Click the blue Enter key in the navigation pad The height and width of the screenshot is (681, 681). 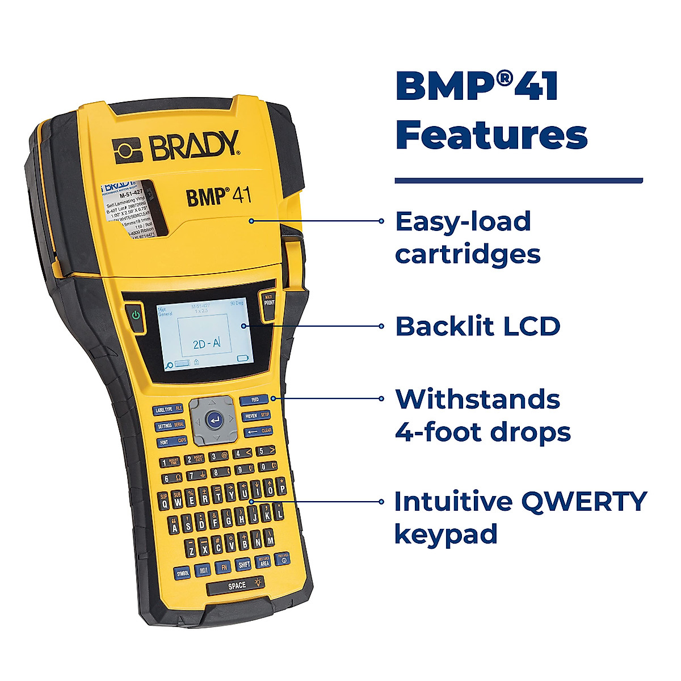[x=213, y=420]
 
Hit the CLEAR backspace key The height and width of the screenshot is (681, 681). [x=259, y=431]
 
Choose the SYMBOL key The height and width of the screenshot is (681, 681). [x=182, y=573]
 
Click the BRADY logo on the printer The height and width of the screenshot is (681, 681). [x=176, y=146]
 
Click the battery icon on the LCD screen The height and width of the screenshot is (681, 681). [x=243, y=359]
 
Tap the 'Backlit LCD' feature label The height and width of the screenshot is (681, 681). [x=478, y=326]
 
